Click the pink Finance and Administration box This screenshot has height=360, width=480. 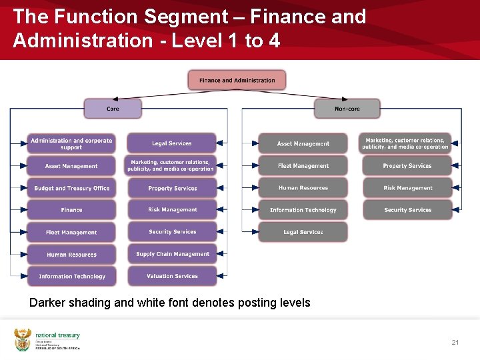pyautogui.click(x=237, y=80)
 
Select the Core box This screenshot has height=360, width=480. pyautogui.click(x=113, y=108)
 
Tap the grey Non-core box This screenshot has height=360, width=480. pyautogui.click(x=347, y=108)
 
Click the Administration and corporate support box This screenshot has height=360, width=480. pyautogui.click(x=71, y=143)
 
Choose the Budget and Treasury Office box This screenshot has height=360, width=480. pyautogui.click(x=71, y=188)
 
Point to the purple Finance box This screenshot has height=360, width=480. pyautogui.click(x=71, y=210)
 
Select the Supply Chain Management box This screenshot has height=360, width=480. pyautogui.click(x=172, y=254)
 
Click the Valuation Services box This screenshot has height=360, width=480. pyautogui.click(x=172, y=276)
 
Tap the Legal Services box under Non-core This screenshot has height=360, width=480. pyautogui.click(x=303, y=232)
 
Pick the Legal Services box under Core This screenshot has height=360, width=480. pyautogui.click(x=172, y=143)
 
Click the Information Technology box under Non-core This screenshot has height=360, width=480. pyautogui.click(x=303, y=210)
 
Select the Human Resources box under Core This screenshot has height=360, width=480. pyautogui.click(x=71, y=254)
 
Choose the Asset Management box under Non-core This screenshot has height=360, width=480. pyautogui.click(x=303, y=143)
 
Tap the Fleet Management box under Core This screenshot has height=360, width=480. pyautogui.click(x=71, y=232)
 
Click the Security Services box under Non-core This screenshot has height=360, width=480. pyautogui.click(x=407, y=210)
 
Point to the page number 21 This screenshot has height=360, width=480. pyautogui.click(x=455, y=342)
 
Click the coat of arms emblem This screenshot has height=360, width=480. pyautogui.click(x=23, y=339)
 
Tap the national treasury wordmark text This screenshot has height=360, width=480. pyautogui.click(x=57, y=335)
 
